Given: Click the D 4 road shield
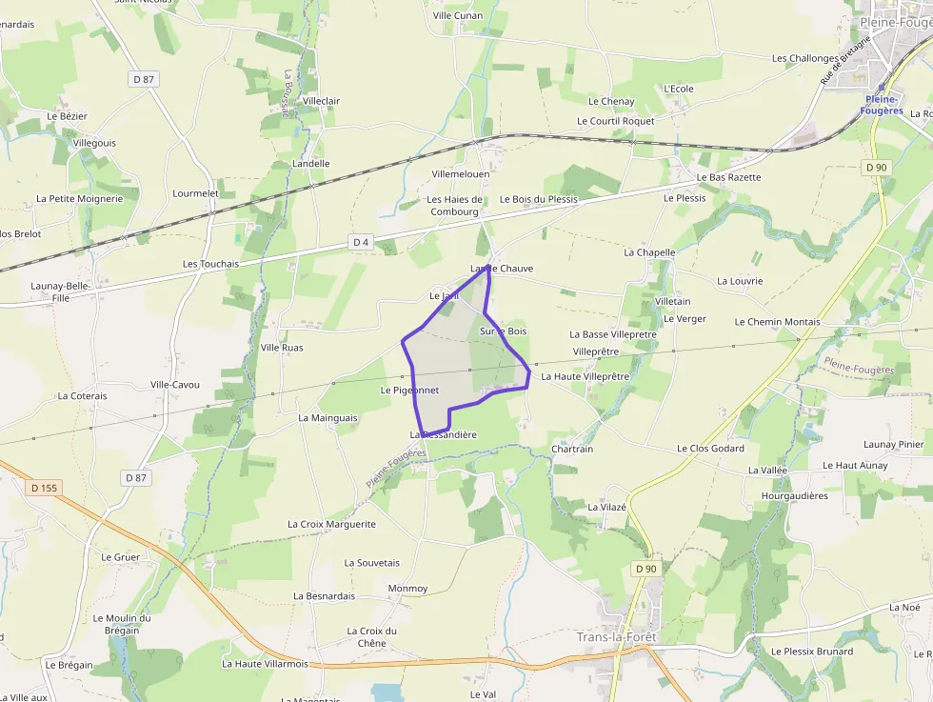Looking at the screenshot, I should tap(360, 243).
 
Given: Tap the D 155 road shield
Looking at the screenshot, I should tap(44, 488).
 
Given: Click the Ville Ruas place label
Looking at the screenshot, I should tap(282, 348).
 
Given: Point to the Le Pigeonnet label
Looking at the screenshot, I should tap(409, 391).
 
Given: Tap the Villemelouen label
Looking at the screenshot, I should tap(461, 175).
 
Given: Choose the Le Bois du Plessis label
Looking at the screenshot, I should tap(539, 199).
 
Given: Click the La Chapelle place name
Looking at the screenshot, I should tap(649, 252).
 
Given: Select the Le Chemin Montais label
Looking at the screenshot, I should tap(777, 322).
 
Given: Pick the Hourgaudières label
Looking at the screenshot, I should tap(795, 496).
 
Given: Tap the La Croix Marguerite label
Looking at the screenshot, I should tap(331, 525).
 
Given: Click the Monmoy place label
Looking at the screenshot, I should tap(407, 589).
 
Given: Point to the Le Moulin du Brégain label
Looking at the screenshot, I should tap(115, 624).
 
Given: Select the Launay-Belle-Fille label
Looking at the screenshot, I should tap(61, 291).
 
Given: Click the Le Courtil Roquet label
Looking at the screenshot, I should tap(616, 121).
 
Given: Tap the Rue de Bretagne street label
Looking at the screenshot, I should tap(845, 61).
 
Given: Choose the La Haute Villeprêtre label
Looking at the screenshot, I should tap(586, 376).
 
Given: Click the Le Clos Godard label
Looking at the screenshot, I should tap(710, 449).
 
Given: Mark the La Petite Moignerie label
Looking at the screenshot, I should tap(80, 199).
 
